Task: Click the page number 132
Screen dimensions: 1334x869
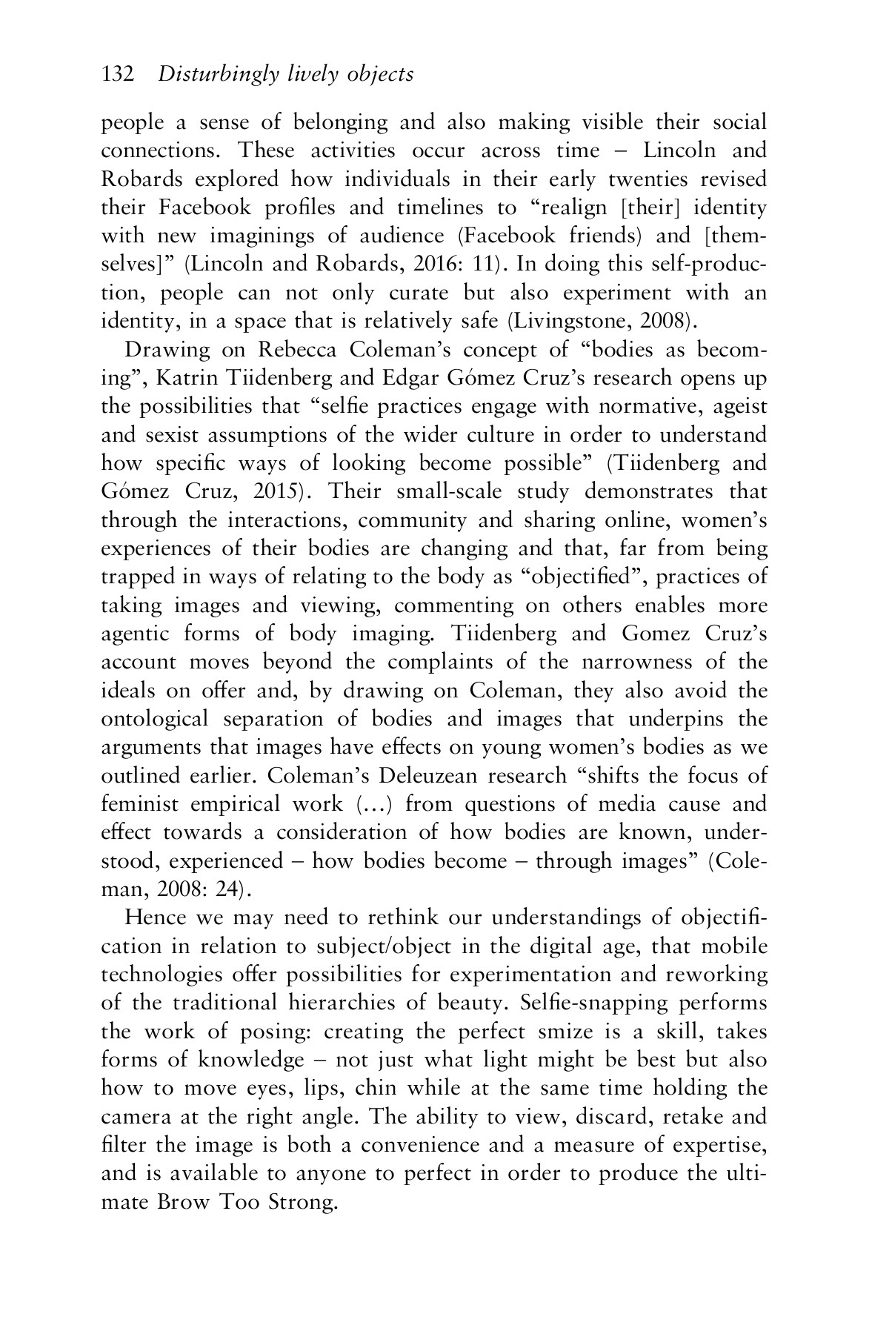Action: pos(117,74)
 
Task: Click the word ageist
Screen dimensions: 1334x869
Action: pos(733,407)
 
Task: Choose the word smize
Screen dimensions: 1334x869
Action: pos(562,1032)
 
